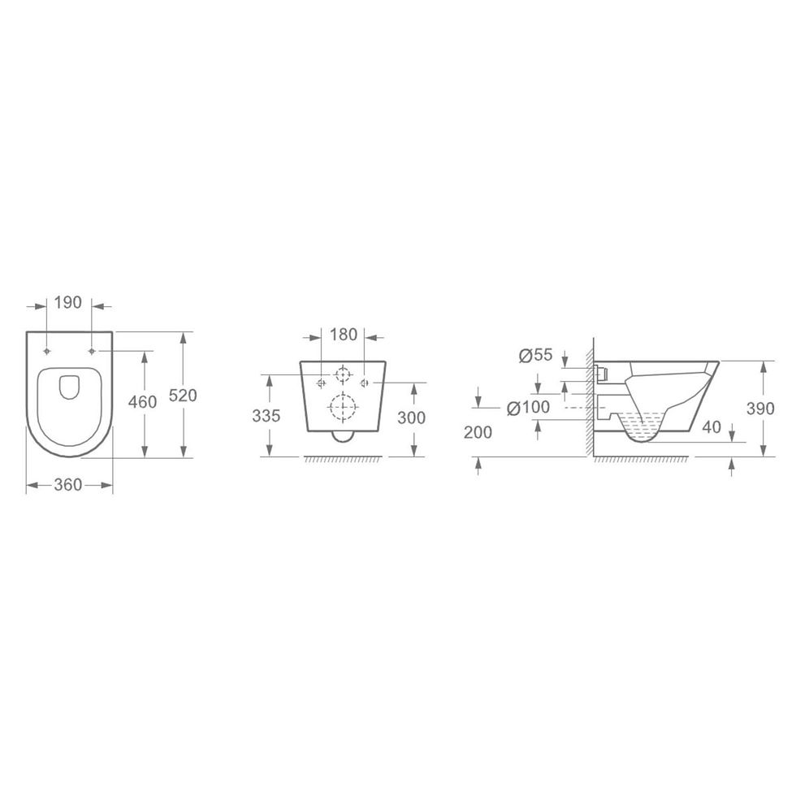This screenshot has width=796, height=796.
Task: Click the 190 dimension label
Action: (68, 302)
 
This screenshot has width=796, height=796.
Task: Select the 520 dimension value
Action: (182, 395)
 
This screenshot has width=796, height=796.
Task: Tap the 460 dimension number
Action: (143, 401)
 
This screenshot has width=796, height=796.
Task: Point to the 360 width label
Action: (68, 485)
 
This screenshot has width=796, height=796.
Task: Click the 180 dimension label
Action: (344, 335)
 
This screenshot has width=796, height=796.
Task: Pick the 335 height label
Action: (266, 416)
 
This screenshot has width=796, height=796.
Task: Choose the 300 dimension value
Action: (411, 417)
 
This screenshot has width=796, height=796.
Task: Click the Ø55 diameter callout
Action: (535, 355)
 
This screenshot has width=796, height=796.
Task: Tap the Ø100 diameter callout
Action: (529, 407)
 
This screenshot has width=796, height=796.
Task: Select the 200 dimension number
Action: (478, 432)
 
